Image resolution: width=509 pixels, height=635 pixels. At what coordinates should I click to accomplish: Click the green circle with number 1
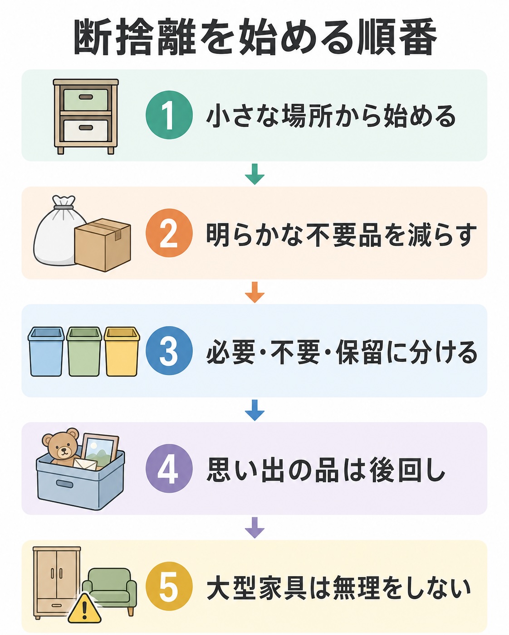(169, 115)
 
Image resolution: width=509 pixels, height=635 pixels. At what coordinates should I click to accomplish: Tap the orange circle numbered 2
(169, 233)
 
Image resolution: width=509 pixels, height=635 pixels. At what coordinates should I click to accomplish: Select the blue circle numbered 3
(169, 351)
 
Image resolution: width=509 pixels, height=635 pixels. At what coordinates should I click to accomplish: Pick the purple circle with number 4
(169, 469)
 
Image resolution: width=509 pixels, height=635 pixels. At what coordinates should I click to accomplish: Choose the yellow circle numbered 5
(169, 586)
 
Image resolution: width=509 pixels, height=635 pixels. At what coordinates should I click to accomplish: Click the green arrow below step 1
(254, 174)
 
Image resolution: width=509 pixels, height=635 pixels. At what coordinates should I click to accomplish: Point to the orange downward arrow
(254, 292)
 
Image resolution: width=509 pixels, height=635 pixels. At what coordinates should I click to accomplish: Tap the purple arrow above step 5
(254, 528)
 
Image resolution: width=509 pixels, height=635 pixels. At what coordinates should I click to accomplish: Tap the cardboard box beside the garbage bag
(103, 245)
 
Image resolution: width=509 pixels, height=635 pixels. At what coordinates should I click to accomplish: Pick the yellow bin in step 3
(122, 351)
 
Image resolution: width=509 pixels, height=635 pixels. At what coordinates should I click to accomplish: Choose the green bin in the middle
(84, 351)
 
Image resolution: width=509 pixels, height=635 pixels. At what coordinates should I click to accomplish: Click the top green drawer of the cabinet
(86, 100)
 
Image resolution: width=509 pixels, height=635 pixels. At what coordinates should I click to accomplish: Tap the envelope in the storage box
(85, 464)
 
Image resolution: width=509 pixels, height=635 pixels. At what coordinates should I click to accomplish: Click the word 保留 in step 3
(361, 352)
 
